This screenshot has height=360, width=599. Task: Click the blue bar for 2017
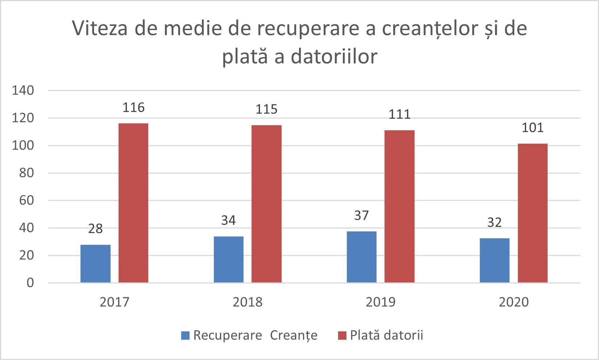(x=95, y=264)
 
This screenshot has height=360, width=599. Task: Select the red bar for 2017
(x=133, y=203)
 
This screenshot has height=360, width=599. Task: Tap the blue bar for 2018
(x=228, y=259)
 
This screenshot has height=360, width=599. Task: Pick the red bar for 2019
(x=399, y=206)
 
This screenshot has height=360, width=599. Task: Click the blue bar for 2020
(x=494, y=260)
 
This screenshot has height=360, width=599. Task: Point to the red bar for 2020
(x=532, y=213)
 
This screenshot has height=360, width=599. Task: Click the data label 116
(x=133, y=108)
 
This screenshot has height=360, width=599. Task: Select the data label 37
(x=361, y=216)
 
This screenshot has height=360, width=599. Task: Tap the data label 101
(x=532, y=128)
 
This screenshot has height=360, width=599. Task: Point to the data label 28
(x=95, y=229)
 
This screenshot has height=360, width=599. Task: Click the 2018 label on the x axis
(x=247, y=302)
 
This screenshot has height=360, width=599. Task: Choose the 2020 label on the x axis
(x=513, y=302)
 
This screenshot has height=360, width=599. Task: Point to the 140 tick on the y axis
(x=23, y=90)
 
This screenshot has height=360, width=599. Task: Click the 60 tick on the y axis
(x=26, y=200)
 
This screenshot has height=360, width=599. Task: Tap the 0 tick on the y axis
(x=30, y=283)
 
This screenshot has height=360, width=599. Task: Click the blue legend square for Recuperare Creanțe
(x=185, y=335)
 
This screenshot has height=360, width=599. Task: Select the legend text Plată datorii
(x=386, y=335)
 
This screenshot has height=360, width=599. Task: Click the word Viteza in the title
(x=100, y=28)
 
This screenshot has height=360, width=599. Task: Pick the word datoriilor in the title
(x=334, y=57)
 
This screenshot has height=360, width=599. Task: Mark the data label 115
(x=266, y=109)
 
